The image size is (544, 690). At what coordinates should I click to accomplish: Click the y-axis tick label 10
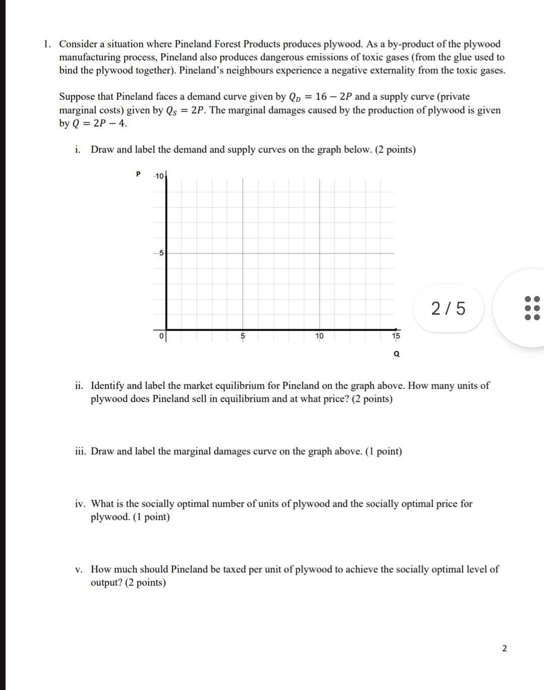(x=159, y=176)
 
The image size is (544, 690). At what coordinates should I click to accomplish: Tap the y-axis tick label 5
(x=161, y=253)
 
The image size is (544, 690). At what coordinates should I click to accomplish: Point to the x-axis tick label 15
(x=396, y=336)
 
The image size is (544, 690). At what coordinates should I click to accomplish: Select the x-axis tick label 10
(x=319, y=336)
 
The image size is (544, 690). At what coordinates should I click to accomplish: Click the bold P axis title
(x=138, y=174)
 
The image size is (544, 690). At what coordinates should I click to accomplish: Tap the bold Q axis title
(x=396, y=354)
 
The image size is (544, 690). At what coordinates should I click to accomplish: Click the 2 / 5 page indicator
(x=449, y=308)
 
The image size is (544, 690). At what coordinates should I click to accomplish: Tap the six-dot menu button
(x=532, y=308)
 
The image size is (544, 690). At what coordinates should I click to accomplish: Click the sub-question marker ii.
(x=79, y=386)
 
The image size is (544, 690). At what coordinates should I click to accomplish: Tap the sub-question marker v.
(x=79, y=569)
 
